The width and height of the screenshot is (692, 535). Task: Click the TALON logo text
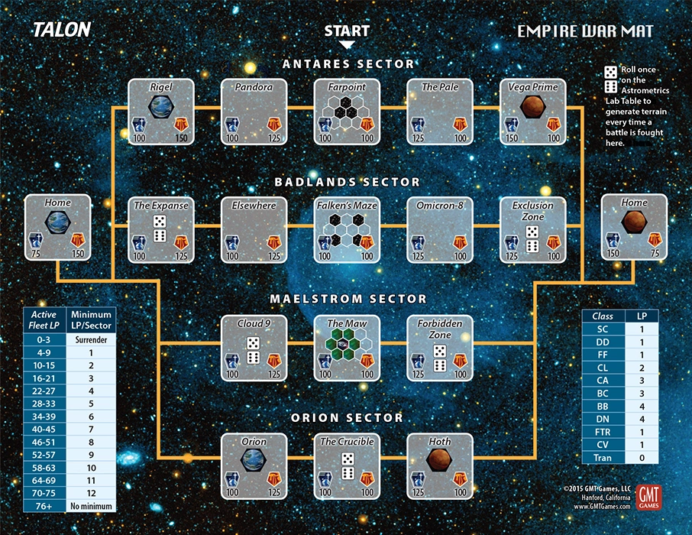(61, 30)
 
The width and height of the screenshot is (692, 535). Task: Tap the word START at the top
(347, 31)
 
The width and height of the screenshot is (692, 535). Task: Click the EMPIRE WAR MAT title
(584, 31)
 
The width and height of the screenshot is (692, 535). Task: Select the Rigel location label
(160, 87)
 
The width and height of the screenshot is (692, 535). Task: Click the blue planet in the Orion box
(254, 459)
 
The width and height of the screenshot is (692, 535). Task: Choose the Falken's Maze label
(347, 206)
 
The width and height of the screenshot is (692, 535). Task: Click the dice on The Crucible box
(347, 465)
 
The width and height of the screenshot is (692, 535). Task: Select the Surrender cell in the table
(91, 339)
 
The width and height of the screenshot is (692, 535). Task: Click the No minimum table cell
(91, 506)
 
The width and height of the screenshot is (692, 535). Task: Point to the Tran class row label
(603, 457)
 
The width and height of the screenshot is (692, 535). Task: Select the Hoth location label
(440, 442)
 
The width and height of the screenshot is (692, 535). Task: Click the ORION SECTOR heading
(347, 418)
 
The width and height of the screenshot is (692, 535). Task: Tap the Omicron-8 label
(440, 206)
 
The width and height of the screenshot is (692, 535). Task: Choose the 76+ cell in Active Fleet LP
(45, 506)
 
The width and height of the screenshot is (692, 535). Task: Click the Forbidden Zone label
(440, 329)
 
